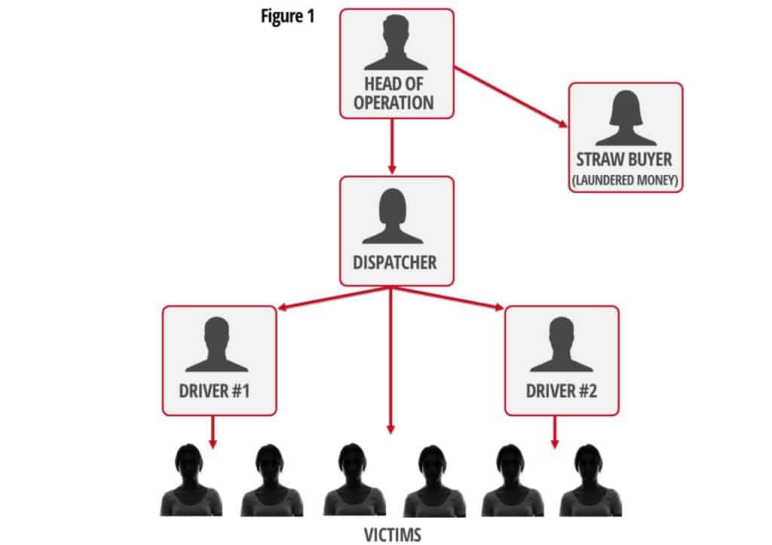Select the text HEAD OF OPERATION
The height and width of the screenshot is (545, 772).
coord(397,93)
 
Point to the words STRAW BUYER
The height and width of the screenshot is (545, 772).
coord(625,161)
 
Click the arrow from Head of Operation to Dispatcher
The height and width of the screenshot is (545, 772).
coord(391,146)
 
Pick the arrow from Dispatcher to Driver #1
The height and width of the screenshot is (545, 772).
coord(332,298)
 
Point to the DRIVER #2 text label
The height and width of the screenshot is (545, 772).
coord(562,392)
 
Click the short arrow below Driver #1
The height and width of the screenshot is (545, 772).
coord(213,432)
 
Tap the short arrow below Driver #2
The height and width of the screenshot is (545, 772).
coord(556,432)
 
